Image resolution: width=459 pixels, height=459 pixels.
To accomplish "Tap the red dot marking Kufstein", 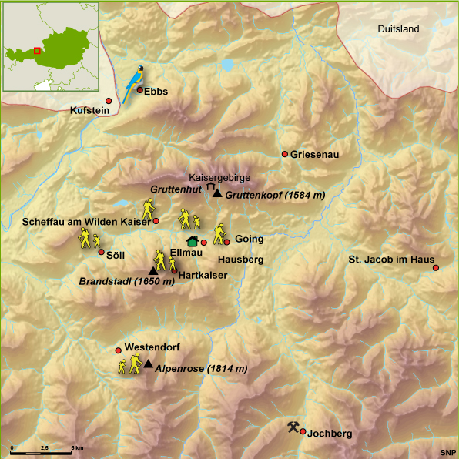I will [x=109, y=102].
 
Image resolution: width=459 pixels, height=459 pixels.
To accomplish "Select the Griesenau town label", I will [x=314, y=155].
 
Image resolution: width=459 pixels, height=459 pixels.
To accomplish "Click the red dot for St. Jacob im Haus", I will [x=436, y=268].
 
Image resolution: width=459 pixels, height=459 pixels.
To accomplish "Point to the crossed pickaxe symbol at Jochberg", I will [x=293, y=427].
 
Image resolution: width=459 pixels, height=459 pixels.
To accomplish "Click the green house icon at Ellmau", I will [x=192, y=242].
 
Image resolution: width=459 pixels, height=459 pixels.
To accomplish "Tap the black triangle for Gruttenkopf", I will [x=217, y=194].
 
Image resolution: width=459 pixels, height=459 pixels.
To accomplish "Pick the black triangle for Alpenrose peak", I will [x=148, y=364].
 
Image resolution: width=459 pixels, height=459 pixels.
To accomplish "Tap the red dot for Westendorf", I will [x=118, y=349].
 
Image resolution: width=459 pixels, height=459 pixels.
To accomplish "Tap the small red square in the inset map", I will [x=36, y=52].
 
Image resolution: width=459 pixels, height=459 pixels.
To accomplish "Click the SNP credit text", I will [x=447, y=452].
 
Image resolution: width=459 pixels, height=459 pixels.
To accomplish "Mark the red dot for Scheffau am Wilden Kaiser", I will [x=156, y=221].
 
